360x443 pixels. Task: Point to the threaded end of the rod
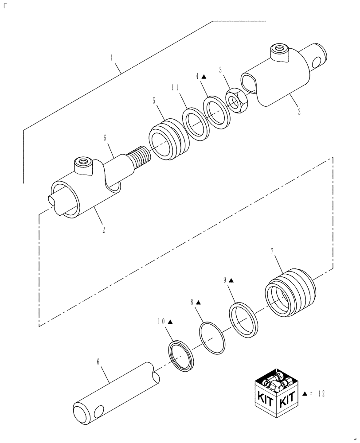click(141, 157)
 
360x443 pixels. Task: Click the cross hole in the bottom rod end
click(98, 412)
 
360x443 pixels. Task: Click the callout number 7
click(272, 252)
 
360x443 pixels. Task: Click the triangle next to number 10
click(171, 322)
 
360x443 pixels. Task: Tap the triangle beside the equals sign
click(305, 393)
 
